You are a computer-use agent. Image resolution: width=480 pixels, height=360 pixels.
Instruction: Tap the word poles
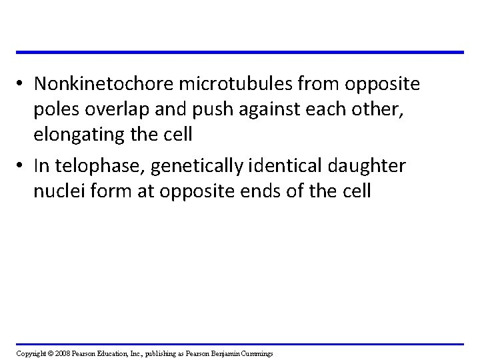55,109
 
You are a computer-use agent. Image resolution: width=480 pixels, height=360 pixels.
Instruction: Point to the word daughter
369,167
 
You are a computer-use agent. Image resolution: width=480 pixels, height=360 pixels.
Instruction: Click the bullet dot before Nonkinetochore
23,85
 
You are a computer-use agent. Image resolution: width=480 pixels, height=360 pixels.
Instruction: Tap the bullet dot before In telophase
23,167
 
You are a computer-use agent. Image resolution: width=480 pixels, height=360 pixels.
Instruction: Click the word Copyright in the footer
30,353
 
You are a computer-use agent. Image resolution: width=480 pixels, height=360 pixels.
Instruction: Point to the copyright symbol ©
52,353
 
